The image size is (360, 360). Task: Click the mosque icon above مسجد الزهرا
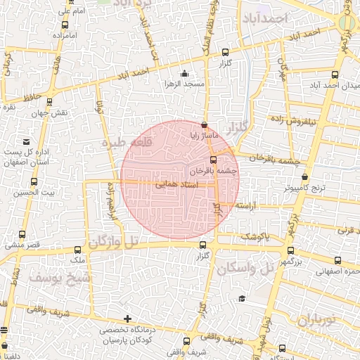coord(184,73)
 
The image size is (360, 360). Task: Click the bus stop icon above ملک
coord(77,250)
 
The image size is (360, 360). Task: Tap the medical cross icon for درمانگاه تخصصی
coord(127,319)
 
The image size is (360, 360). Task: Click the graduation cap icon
coord(242,300)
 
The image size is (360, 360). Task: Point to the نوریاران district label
coord(314,321)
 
